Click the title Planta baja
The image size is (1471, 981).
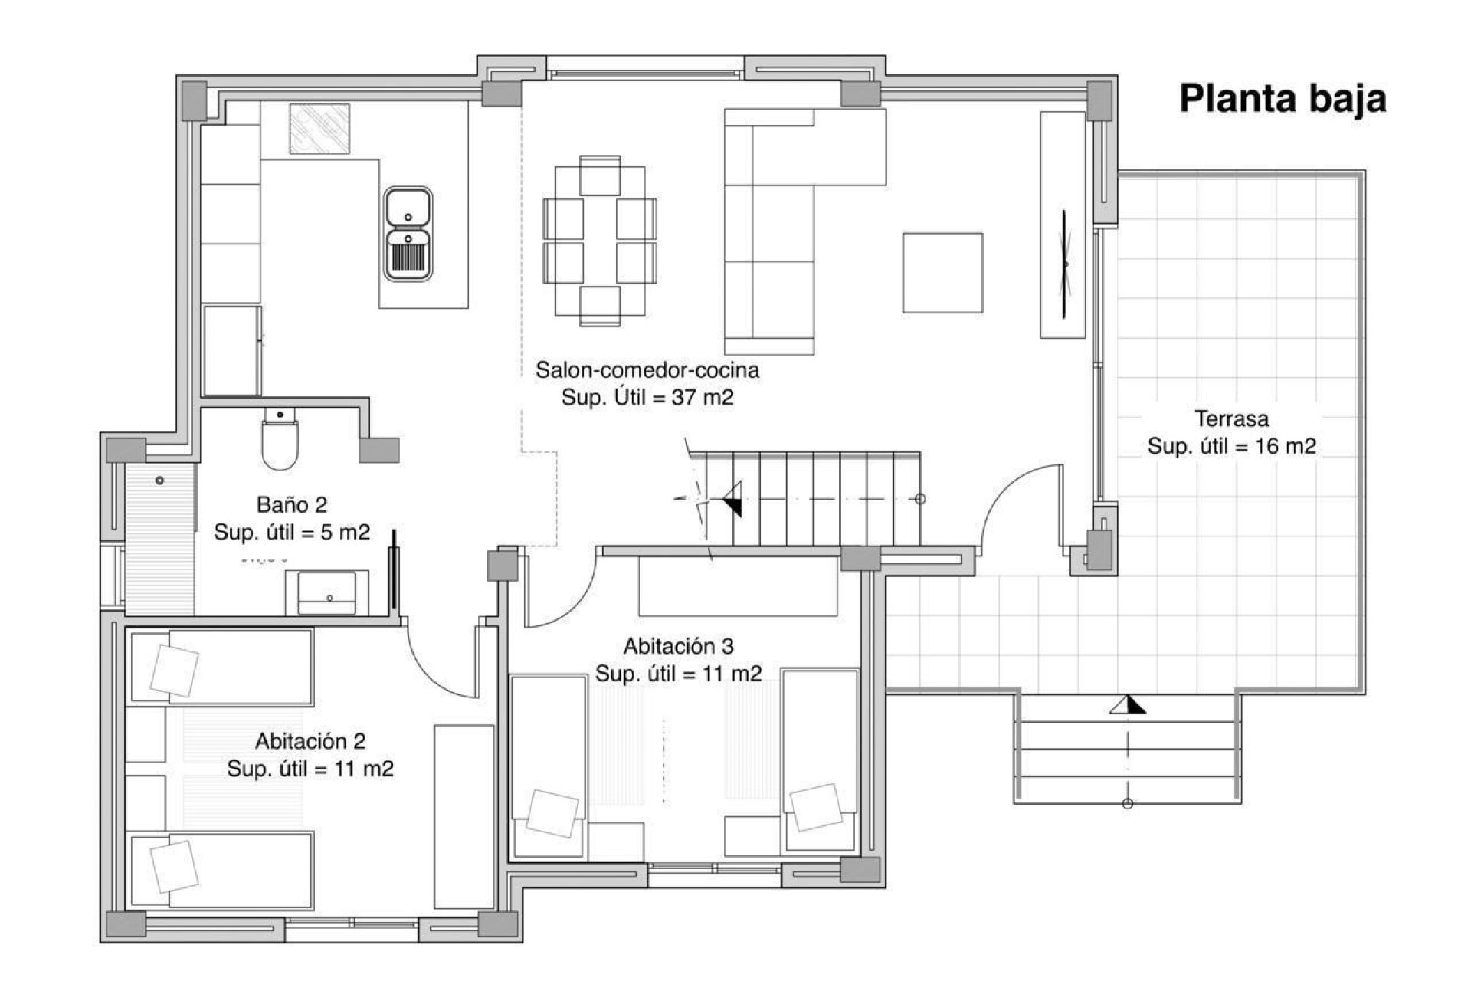point(1283,100)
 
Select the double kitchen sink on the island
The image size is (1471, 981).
point(408,234)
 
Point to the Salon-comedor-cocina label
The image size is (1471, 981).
point(647,370)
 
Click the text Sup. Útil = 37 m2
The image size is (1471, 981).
point(647,398)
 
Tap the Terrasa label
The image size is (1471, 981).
point(1231,419)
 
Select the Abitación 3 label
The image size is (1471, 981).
point(679,647)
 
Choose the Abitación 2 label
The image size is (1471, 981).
point(310,741)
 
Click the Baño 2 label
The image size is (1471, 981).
point(292,505)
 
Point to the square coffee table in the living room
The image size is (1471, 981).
point(942,273)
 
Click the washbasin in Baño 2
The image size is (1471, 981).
point(326,592)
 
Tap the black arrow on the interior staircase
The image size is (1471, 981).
point(732,499)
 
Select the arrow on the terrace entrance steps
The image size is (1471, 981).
point(1127,705)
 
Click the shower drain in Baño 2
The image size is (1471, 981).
point(159,481)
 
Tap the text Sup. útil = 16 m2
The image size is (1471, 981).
point(1231,446)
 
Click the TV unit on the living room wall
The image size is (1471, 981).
point(1063,225)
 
